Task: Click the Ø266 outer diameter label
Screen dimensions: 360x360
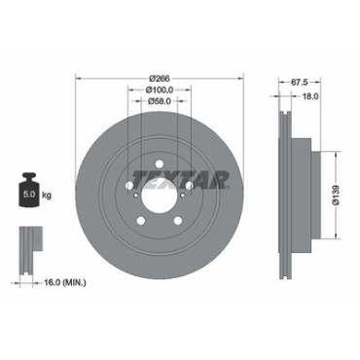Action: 160,79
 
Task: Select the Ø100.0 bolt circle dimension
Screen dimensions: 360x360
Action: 160,90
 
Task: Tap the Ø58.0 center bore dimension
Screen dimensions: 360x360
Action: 160,101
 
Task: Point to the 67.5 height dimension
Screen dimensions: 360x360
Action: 299,83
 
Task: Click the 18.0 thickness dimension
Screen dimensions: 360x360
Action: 310,96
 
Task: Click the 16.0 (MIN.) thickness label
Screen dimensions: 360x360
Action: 65,283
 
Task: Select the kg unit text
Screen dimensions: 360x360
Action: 47,196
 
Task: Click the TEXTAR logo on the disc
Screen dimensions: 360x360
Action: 181,180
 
